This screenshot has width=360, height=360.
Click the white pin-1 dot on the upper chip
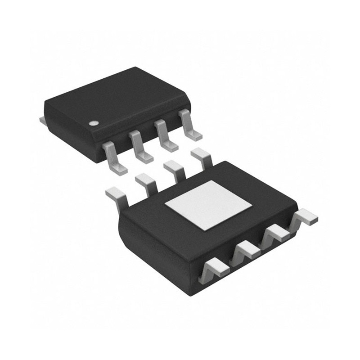coord(93,123)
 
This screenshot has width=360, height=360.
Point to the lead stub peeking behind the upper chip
coord(42,120)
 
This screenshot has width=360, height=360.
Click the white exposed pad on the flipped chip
coord(208,205)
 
